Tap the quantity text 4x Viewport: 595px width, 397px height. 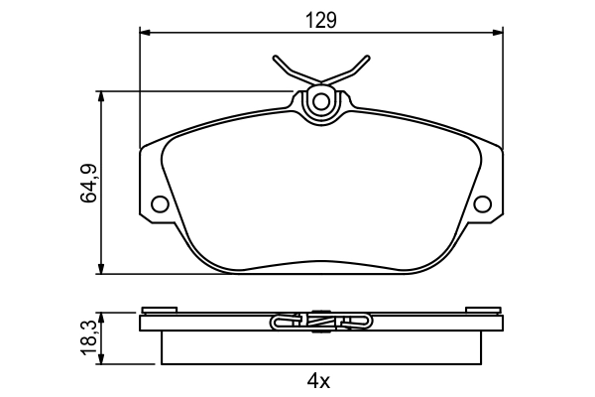tap(318, 380)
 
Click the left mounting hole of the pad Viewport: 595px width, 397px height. tap(159, 204)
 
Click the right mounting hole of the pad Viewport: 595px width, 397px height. tap(483, 204)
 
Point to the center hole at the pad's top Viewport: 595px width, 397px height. tap(320, 101)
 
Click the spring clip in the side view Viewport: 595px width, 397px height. tap(319, 321)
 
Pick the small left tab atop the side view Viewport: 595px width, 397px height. tap(159, 309)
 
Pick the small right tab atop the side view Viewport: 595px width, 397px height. tap(483, 309)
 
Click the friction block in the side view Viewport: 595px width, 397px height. tap(320, 347)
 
